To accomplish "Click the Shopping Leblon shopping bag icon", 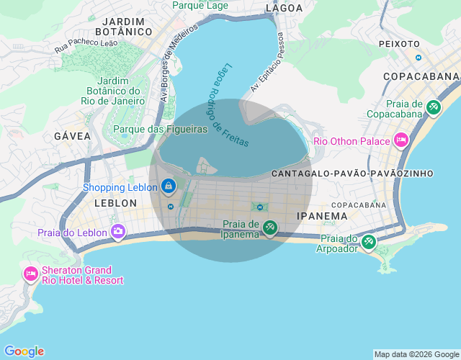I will pos(168,186).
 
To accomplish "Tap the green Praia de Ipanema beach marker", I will pos(269,228).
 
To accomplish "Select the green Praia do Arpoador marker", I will pos(369,241).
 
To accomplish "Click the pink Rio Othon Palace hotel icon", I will pos(401,140).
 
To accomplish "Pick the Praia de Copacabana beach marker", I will pos(433,108).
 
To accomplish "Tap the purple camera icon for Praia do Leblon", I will pos(117,231).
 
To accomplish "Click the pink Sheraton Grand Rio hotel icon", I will pos(30,273).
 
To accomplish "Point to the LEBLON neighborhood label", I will pos(115,204).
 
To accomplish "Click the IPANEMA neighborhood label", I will pos(322,215).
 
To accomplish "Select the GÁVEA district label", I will pos(72,136).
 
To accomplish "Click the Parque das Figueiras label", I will pos(161,130).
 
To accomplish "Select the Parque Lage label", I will pos(200,6).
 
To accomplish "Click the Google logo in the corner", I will pos(24,351).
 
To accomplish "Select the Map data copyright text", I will pos(416,354).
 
